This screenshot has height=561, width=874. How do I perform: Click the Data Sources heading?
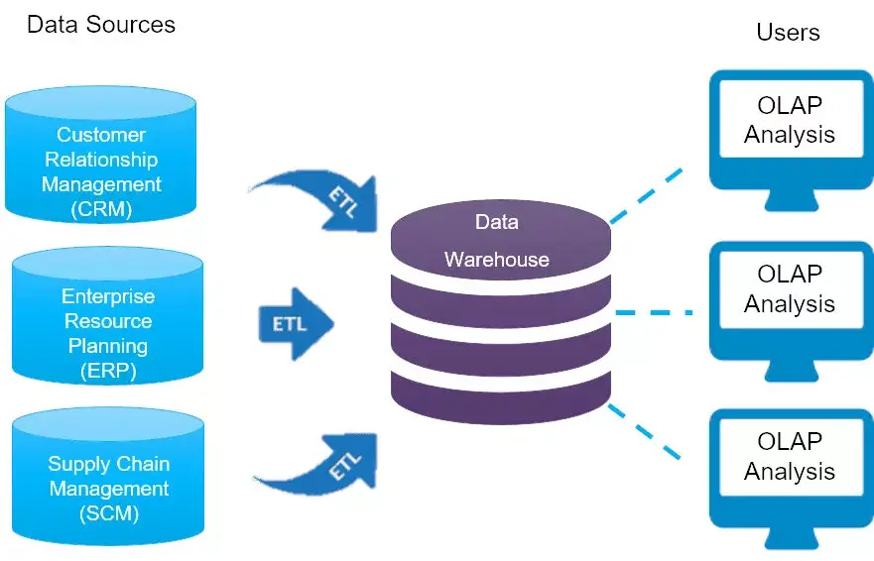coord(100,25)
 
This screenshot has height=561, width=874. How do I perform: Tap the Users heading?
coord(788,32)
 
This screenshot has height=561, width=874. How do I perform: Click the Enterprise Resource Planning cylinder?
coord(107,317)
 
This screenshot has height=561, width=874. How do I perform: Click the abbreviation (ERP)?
coord(107,372)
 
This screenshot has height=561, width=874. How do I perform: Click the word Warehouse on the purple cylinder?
coord(496,260)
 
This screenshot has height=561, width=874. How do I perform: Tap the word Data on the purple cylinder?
coord(496,222)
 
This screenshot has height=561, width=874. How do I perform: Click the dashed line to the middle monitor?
coord(654,312)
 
